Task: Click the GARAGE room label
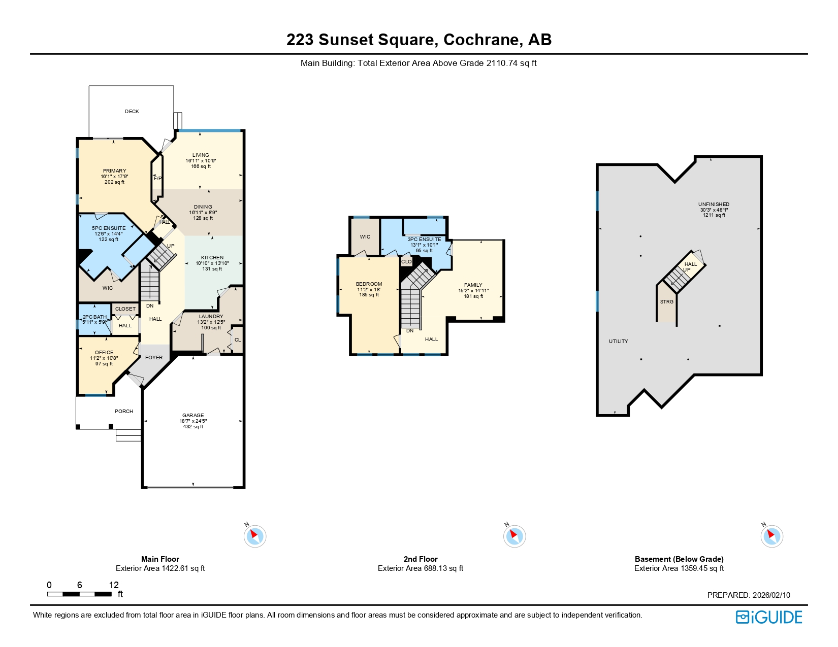(193, 416)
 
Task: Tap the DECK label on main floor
(132, 112)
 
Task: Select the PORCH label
(124, 412)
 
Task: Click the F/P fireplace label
(157, 179)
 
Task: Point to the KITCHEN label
(212, 258)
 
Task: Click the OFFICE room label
(104, 353)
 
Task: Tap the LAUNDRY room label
(211, 317)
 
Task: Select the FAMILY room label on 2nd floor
(473, 285)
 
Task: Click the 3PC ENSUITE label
(424, 240)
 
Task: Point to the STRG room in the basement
(667, 302)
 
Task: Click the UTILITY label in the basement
(618, 342)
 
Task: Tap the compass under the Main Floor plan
(255, 536)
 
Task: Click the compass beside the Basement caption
(771, 536)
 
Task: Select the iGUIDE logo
(769, 617)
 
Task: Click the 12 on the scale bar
(114, 585)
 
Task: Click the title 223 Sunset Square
(418, 40)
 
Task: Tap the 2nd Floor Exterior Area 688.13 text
(421, 568)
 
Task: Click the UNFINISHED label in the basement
(714, 205)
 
